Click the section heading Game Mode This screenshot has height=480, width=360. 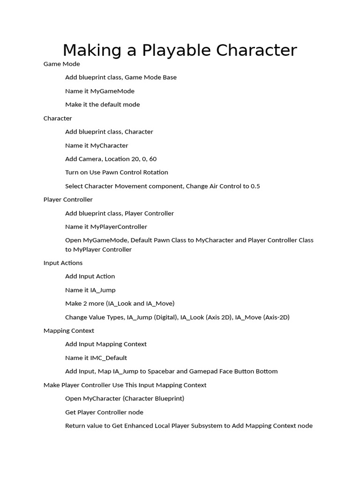click(61, 64)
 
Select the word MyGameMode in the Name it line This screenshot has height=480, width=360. click(112, 91)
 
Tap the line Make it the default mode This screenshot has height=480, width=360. click(102, 105)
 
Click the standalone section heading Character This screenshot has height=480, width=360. click(58, 118)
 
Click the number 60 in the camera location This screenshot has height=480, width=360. click(152, 159)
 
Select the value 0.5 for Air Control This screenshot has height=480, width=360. click(255, 186)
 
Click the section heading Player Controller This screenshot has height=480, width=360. click(68, 200)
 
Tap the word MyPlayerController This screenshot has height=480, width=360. click(119, 227)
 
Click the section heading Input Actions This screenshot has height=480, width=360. click(63, 263)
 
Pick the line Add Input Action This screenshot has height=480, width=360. click(90, 277)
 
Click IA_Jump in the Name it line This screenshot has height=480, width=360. click(103, 290)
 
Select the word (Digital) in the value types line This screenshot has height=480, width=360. click(166, 317)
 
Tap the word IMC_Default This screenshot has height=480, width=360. click(108, 358)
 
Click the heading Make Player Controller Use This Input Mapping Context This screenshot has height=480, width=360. click(125, 385)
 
